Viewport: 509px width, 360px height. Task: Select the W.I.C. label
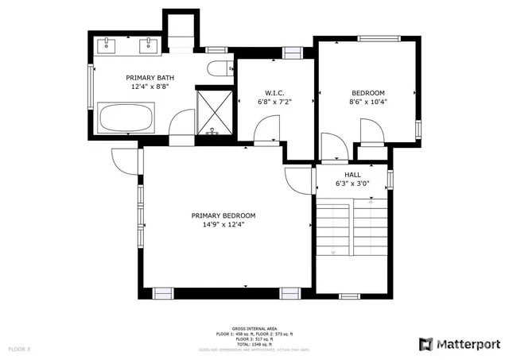click(275, 92)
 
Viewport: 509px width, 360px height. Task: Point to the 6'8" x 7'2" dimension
click(275, 102)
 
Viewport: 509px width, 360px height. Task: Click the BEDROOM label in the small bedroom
click(367, 93)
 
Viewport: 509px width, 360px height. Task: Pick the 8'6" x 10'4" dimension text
click(367, 102)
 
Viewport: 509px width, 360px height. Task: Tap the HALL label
click(352, 174)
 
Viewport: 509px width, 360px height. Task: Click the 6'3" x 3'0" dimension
click(352, 184)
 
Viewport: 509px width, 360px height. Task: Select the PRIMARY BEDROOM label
click(223, 215)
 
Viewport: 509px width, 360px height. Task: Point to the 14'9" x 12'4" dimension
click(223, 224)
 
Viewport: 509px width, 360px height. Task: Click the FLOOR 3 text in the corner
click(19, 349)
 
